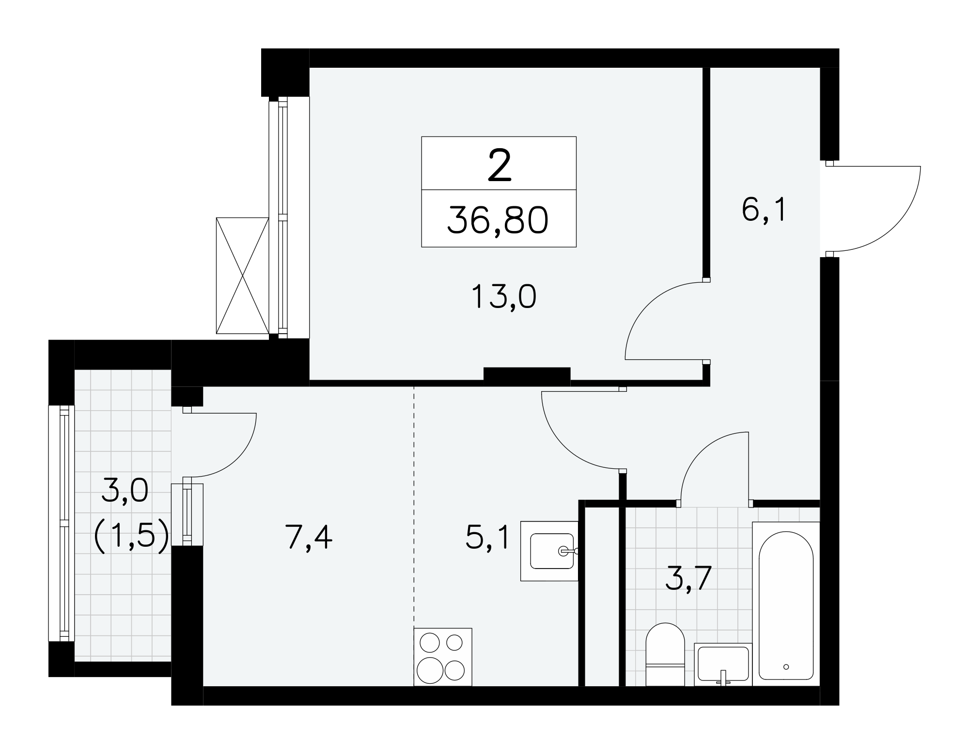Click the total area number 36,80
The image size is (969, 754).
[498, 220]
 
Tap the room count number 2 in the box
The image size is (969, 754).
[500, 165]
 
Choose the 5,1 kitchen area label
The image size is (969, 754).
[487, 537]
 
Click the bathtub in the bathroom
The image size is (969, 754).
[785, 604]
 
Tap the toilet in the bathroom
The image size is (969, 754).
[665, 654]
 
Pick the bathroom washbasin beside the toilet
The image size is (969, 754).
[723, 664]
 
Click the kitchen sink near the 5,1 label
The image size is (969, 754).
[549, 551]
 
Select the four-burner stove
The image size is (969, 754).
[443, 657]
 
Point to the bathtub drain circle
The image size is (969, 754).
[786, 667]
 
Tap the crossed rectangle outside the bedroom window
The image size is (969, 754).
[242, 276]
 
